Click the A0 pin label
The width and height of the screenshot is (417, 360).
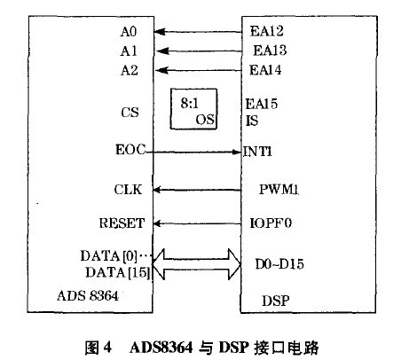point(129,31)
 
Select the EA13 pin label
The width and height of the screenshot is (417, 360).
point(270,51)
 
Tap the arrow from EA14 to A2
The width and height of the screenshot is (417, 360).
point(199,70)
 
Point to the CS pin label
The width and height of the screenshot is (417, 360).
point(130,113)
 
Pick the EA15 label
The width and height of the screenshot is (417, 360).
point(262,104)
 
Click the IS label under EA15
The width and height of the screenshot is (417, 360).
point(252,121)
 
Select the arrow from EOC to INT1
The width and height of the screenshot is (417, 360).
point(193,153)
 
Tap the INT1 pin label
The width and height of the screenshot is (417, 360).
point(257,152)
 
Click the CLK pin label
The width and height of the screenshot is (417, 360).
point(128,190)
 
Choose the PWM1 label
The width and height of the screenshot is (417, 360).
point(279,189)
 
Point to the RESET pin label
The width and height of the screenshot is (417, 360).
point(122,223)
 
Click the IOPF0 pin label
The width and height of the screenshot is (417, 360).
point(271,223)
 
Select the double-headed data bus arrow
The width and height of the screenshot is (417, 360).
point(197,264)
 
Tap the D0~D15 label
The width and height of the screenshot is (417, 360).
point(279,264)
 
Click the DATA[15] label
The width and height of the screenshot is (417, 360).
point(118,272)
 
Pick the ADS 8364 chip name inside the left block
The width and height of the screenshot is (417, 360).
point(88,295)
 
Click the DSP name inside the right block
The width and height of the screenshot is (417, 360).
point(276,301)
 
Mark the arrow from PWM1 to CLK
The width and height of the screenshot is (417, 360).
point(197,190)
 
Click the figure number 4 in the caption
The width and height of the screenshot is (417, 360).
point(107,347)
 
